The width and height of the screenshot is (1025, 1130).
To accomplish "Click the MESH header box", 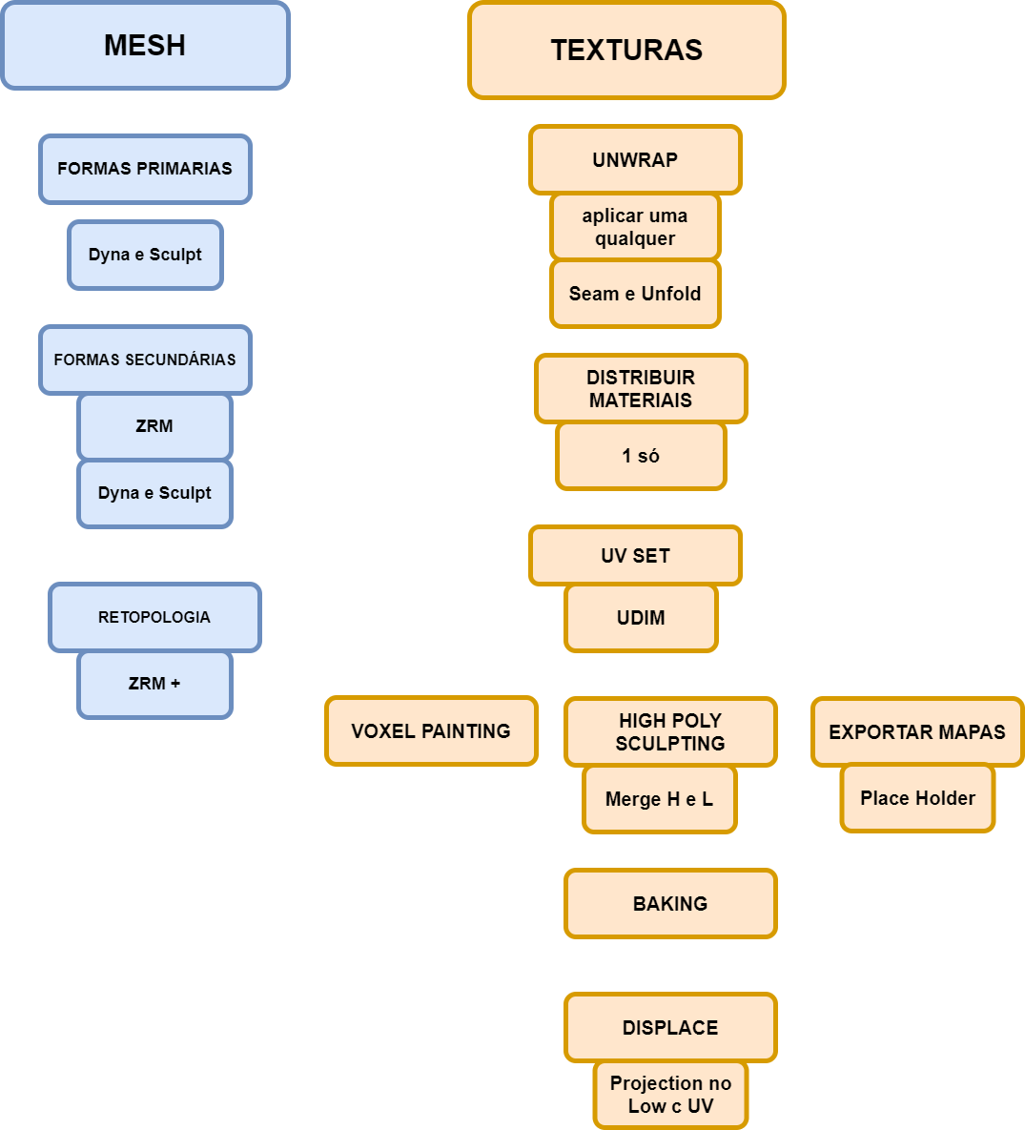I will [145, 46].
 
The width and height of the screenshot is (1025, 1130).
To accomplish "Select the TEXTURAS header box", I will [626, 51].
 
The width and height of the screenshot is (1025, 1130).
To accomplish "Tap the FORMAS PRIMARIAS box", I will [145, 169].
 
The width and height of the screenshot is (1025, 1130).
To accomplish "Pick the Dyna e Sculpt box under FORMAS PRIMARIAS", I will [145, 255].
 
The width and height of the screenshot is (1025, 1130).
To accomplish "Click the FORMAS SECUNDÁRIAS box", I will [145, 360].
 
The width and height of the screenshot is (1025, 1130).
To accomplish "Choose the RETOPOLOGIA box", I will [154, 617].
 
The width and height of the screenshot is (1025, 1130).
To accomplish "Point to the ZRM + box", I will [154, 684].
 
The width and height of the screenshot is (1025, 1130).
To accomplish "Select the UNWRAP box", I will [635, 159].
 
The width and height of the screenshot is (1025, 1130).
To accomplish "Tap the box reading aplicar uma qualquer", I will [635, 227].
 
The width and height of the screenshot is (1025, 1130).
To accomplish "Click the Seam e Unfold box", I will [635, 294].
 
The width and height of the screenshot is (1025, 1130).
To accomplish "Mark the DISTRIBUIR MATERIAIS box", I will [641, 388].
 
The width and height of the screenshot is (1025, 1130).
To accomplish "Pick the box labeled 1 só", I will [641, 456].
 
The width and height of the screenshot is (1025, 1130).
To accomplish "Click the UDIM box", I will [641, 618].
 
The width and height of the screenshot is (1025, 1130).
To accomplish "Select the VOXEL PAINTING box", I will [431, 731].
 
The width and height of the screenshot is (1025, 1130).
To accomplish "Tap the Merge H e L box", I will [659, 799].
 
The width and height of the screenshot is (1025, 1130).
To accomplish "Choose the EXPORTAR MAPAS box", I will [917, 731].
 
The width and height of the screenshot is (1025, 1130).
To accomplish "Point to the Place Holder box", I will [917, 798].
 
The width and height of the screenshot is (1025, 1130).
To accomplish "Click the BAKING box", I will [670, 903].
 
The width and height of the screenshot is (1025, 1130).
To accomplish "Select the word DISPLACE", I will [670, 1028].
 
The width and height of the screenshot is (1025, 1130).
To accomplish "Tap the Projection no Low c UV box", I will [670, 1095].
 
